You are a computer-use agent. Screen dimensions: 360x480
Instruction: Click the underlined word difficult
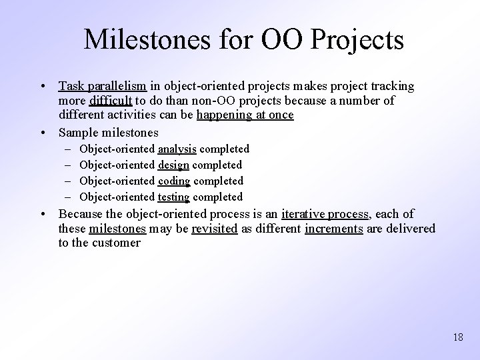coord(111,101)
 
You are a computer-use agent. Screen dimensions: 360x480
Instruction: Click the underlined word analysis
coord(177,149)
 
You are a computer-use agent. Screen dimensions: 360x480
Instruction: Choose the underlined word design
coord(174,165)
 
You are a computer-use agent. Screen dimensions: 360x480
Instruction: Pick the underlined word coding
coord(174,181)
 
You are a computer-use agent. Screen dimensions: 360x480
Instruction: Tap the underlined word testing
coord(174,197)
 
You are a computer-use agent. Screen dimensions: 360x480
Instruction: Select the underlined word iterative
coord(304,214)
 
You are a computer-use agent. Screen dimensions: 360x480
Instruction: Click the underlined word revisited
coord(215,229)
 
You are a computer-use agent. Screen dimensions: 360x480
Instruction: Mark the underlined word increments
coord(333,229)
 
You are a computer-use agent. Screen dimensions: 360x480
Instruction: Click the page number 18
coord(457,337)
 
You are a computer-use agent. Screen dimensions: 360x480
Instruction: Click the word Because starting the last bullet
coord(81,214)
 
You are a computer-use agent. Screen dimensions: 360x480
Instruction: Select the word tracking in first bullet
coord(391,87)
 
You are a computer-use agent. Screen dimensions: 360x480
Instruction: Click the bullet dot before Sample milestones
coord(43,132)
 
